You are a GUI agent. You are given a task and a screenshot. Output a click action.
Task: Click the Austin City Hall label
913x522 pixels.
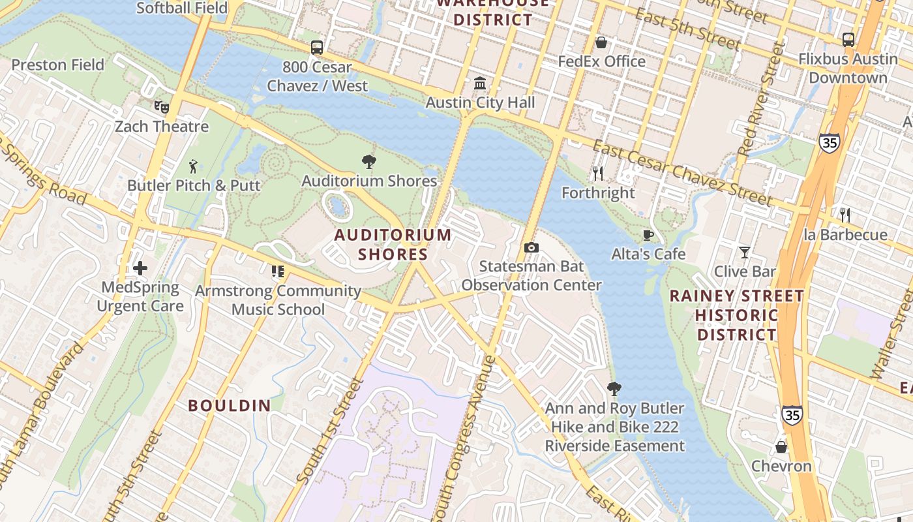(x=480, y=102)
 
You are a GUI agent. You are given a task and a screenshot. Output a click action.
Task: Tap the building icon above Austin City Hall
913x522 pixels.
(x=481, y=83)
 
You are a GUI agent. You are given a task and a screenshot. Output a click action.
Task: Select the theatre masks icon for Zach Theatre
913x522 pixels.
(x=161, y=106)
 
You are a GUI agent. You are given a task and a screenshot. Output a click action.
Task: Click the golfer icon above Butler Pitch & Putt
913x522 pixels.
(x=193, y=166)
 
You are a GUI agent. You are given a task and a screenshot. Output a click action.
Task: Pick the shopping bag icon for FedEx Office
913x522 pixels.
(x=601, y=42)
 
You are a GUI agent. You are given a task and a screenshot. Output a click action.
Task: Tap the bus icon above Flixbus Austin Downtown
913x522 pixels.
(x=848, y=40)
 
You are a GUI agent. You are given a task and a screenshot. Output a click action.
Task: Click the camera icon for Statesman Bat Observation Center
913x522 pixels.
(x=531, y=247)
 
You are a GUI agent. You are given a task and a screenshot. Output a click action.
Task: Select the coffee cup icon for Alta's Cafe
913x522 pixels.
(x=648, y=235)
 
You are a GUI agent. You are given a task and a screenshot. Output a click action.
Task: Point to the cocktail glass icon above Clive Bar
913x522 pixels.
(x=744, y=252)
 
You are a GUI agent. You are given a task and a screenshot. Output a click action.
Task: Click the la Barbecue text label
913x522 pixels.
(x=845, y=234)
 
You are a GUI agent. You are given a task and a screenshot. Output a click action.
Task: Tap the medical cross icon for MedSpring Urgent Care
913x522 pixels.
(x=140, y=268)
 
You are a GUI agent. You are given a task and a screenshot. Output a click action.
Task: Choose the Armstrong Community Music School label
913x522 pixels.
(x=278, y=300)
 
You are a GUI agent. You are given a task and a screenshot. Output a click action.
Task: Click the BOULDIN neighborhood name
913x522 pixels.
(x=230, y=405)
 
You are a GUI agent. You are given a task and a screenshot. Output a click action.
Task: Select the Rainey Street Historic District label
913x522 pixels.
(x=736, y=315)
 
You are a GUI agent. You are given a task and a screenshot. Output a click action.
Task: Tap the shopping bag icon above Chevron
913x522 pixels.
(x=781, y=447)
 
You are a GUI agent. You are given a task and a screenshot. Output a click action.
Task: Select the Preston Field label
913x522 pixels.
(x=58, y=65)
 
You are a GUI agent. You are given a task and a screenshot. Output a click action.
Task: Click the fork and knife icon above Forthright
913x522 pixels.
(x=597, y=174)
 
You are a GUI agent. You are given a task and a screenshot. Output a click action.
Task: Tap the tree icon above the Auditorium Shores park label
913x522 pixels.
(x=368, y=162)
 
